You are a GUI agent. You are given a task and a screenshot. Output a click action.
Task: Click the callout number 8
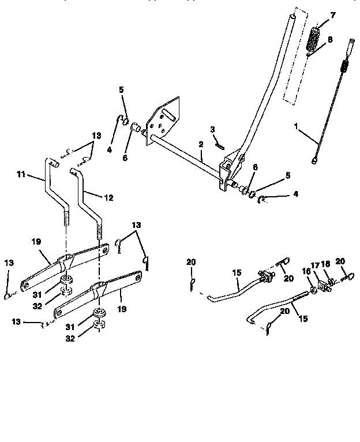pos(329,40)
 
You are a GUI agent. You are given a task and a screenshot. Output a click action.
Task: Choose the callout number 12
pos(108,197)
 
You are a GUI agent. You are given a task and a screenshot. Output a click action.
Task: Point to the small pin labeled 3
pos(220,145)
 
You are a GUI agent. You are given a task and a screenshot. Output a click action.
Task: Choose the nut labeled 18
pos(332,282)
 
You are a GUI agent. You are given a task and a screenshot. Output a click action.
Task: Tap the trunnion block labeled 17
pos(321,285)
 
